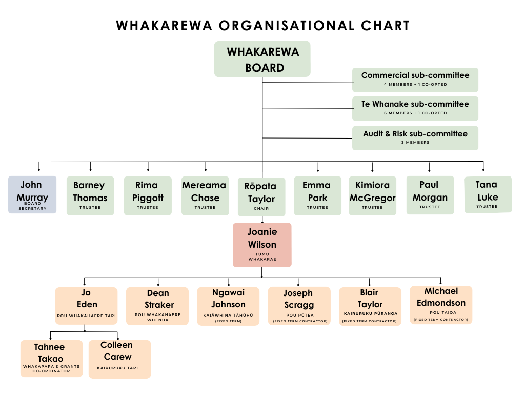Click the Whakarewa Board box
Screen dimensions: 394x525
262,59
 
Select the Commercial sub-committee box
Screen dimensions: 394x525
415,80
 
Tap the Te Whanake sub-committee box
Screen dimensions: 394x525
415,108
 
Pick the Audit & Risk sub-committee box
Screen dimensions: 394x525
415,138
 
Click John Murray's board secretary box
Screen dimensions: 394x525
32,194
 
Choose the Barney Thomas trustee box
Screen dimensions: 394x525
90,195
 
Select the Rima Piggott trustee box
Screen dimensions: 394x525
148,195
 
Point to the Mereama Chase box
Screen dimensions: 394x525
205,195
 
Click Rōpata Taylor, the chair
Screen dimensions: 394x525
261,196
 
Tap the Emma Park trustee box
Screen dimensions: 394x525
317,195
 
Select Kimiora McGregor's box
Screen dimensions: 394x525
372,195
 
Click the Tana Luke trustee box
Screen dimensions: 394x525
488,194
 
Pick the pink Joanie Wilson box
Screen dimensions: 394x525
262,245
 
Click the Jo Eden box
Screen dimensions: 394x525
86,305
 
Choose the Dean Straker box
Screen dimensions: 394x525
157,306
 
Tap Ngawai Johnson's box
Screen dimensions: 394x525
228,306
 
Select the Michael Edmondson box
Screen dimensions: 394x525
441,305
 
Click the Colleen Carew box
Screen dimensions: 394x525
119,359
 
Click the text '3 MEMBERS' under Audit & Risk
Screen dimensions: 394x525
415,143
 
